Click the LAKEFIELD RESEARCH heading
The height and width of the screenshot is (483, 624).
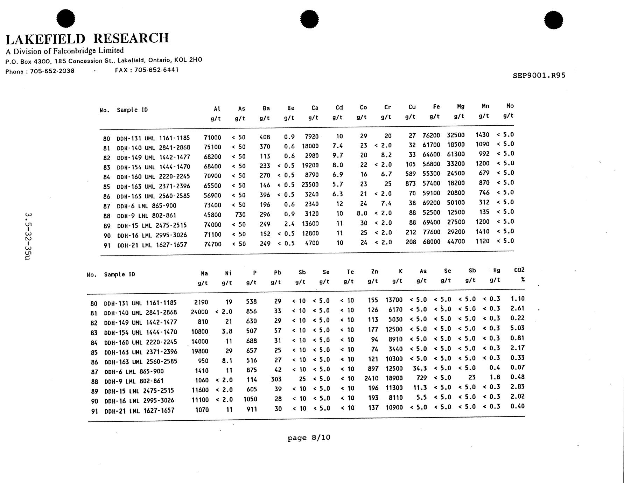click(x=87, y=38)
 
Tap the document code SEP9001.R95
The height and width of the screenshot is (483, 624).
click(x=539, y=75)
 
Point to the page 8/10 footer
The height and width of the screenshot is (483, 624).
click(x=309, y=437)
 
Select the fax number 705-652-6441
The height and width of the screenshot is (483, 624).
click(x=156, y=70)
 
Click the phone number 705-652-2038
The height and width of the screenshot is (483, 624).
click(x=52, y=71)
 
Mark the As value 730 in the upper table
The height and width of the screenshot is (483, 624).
click(x=240, y=215)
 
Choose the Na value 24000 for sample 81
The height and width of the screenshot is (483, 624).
click(x=199, y=312)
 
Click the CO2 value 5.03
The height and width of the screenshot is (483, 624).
click(x=517, y=328)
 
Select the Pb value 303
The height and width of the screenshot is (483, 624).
click(x=276, y=379)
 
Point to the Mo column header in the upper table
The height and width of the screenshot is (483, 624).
click(x=510, y=106)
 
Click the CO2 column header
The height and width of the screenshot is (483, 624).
click(x=519, y=270)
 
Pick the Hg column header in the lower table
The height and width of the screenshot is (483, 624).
click(x=496, y=270)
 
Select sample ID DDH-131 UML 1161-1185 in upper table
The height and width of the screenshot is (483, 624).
click(x=153, y=138)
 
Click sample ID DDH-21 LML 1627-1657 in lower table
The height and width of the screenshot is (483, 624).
click(x=139, y=410)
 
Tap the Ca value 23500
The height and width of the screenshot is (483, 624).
click(x=310, y=184)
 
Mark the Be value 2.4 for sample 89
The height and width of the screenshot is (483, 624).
click(x=289, y=224)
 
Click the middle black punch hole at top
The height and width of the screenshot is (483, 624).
click(x=309, y=19)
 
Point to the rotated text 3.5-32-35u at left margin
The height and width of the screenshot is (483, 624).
click(x=28, y=236)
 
